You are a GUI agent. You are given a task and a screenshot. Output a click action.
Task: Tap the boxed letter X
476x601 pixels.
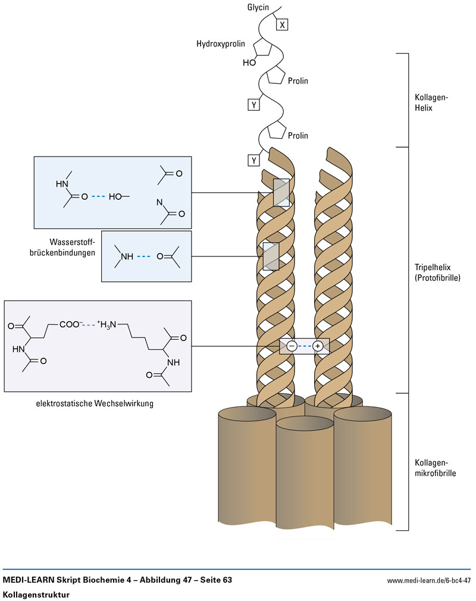click(283, 24)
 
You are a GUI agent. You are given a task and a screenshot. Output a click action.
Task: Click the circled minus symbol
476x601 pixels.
click(292, 346)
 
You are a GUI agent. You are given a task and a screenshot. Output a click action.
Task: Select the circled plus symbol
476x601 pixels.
click(318, 346)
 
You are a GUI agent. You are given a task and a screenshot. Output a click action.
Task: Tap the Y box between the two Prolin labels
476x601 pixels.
click(254, 105)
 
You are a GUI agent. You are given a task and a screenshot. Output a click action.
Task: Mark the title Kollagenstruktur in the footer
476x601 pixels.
click(35, 594)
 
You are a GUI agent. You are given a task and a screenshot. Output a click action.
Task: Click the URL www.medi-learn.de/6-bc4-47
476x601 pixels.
click(428, 580)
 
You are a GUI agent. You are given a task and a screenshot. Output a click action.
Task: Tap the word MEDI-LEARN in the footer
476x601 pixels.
click(29, 580)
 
